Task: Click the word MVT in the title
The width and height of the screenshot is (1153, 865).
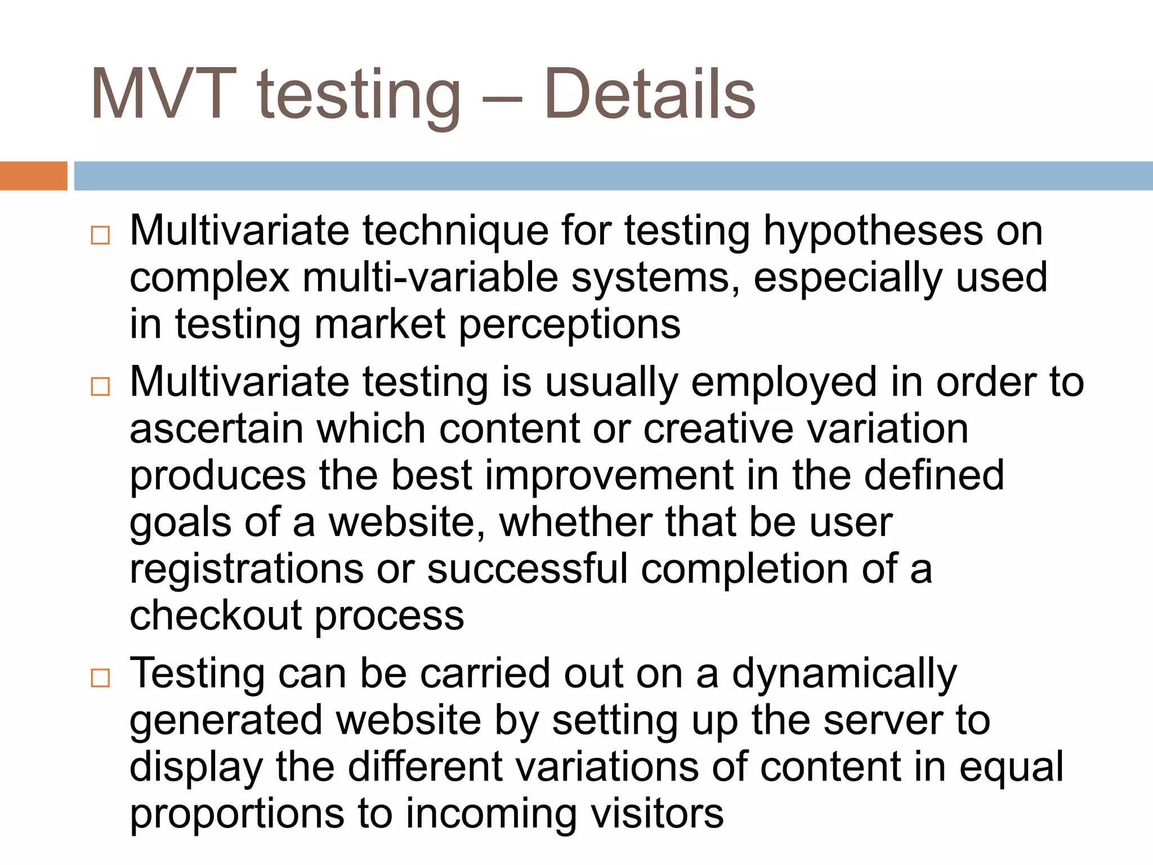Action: [163, 94]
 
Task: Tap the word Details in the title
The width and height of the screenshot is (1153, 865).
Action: [649, 94]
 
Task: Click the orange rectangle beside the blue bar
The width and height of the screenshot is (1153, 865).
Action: [33, 176]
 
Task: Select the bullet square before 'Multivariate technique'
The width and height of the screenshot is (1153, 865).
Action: [100, 235]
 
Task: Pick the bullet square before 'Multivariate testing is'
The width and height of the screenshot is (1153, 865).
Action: [100, 386]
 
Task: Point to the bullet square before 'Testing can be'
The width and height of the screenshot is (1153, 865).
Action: [100, 677]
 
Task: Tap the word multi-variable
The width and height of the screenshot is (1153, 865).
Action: [430, 278]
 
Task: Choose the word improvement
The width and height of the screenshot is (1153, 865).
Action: [609, 476]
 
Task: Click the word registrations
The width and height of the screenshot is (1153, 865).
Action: [247, 569]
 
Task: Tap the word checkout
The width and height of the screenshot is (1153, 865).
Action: [216, 616]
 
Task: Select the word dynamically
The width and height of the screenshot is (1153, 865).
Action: [844, 675]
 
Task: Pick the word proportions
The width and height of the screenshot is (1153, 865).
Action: [237, 815]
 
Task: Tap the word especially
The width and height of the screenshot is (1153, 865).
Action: [848, 278]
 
